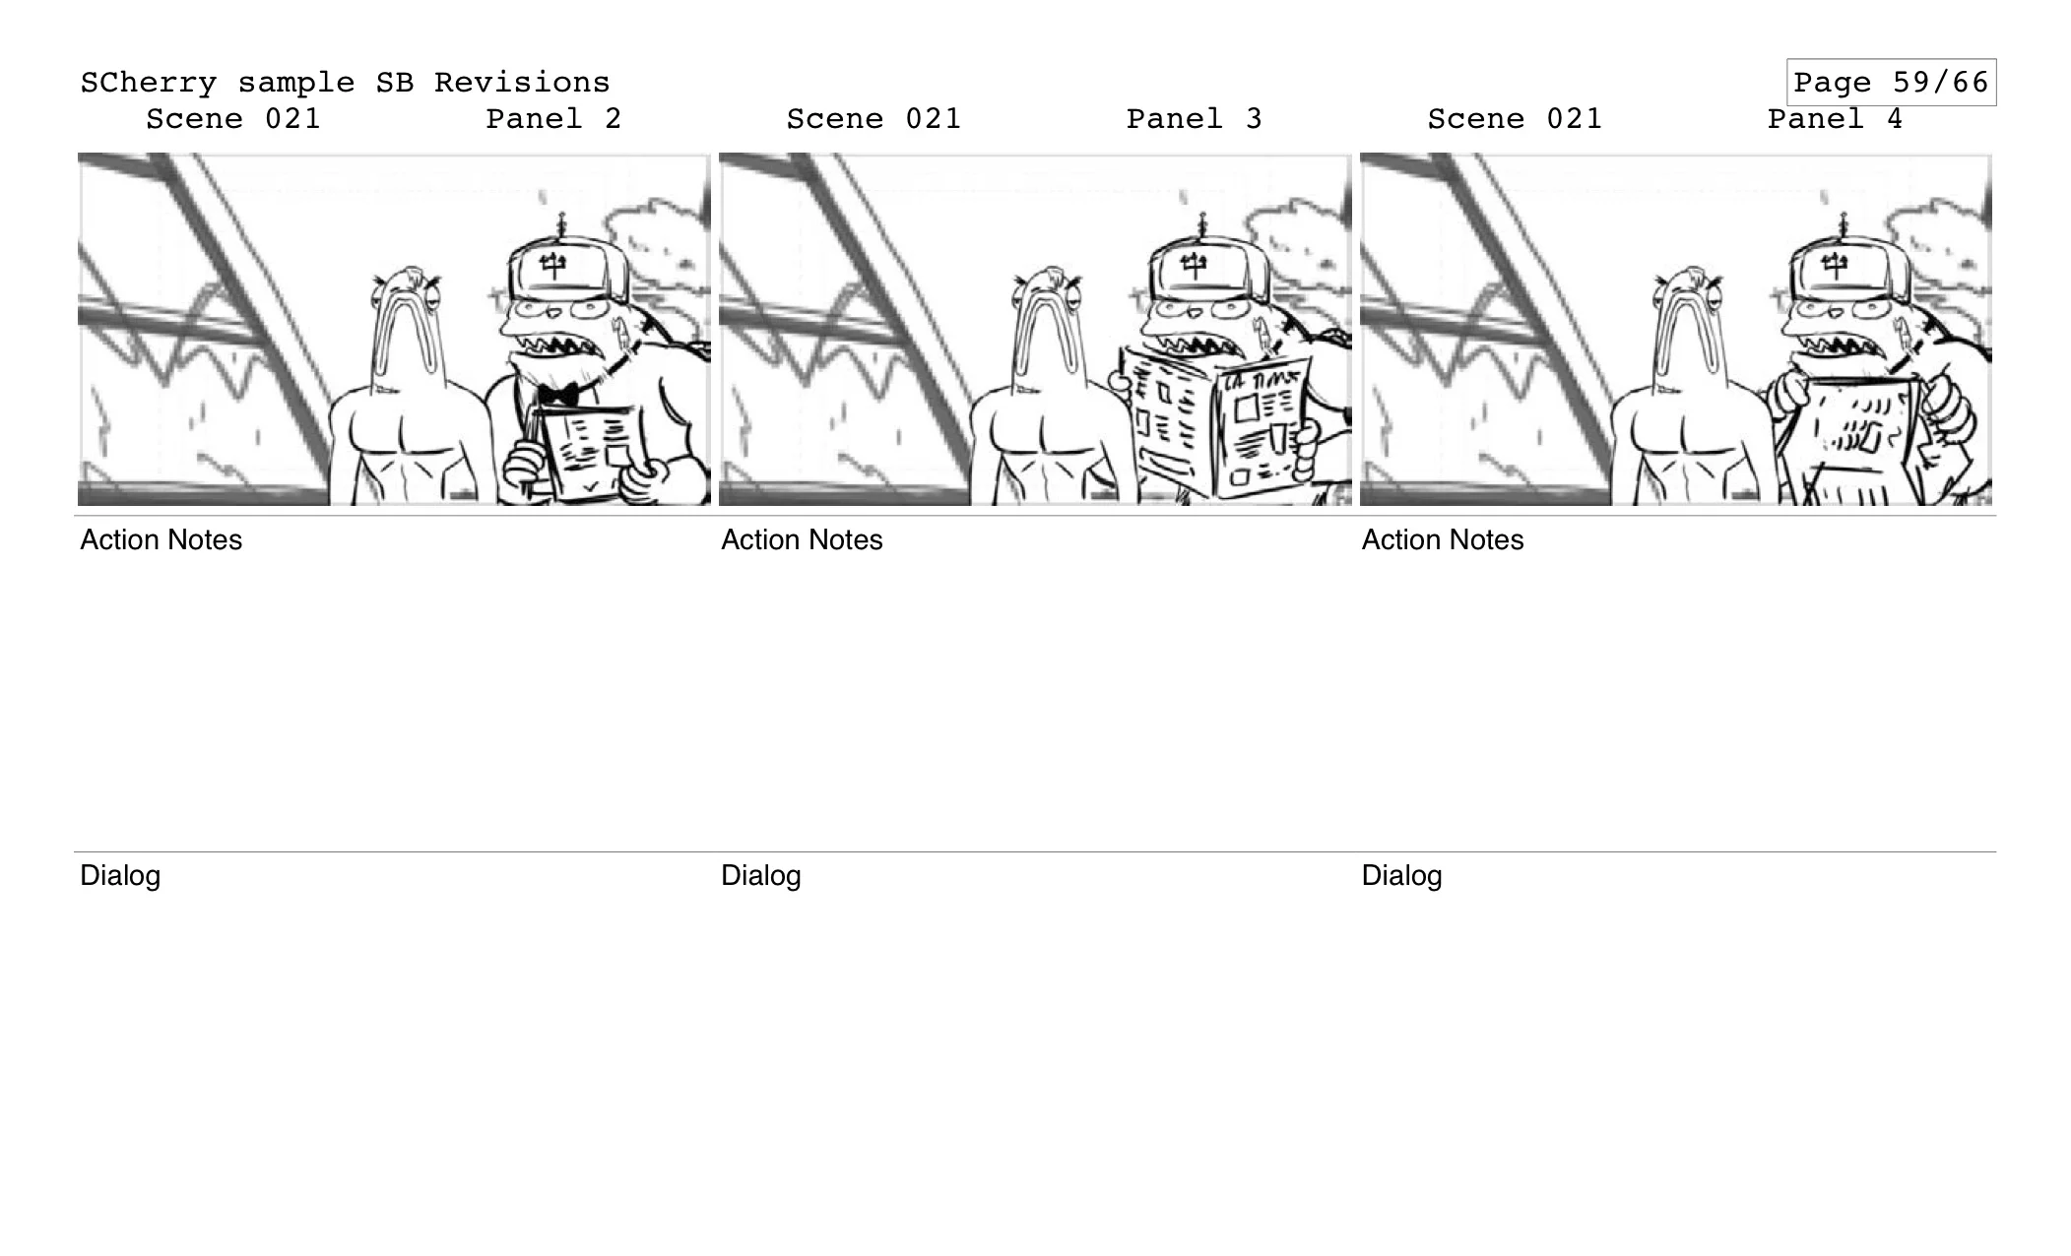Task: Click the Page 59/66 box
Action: [x=1891, y=82]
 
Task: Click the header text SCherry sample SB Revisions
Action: [x=345, y=82]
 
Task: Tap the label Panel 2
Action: [x=553, y=119]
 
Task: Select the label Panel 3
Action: [x=1194, y=119]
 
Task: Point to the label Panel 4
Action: [x=1835, y=119]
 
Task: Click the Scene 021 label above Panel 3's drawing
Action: [x=874, y=119]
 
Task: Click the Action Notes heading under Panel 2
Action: [x=161, y=539]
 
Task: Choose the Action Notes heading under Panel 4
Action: [x=1442, y=539]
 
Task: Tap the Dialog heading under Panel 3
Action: [x=760, y=875]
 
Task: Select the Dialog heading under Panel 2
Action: [x=119, y=875]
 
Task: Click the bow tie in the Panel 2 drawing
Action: [x=558, y=394]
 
